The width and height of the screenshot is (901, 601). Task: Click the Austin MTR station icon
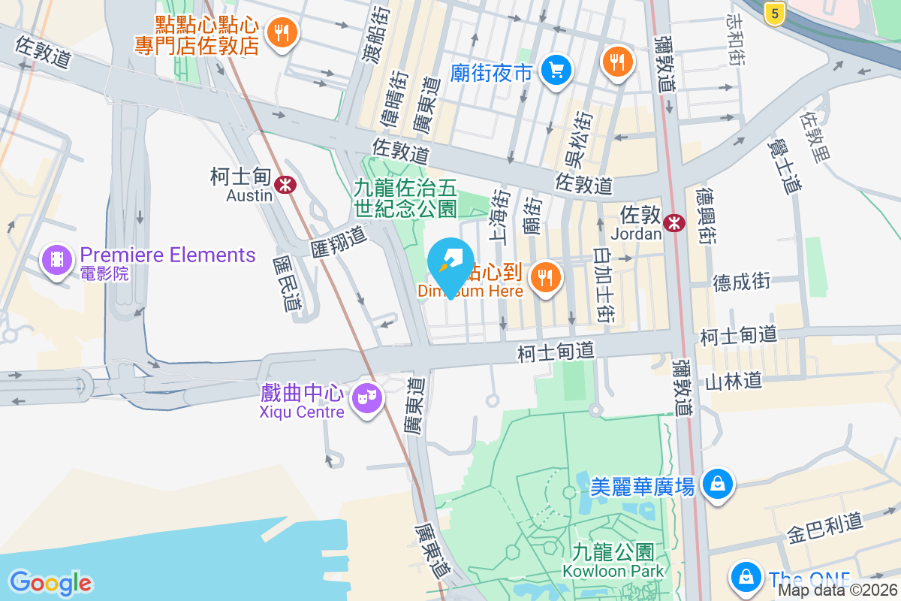coord(285,184)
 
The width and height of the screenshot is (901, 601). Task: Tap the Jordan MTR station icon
coord(673,221)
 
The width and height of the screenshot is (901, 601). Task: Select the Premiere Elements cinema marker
coord(57,260)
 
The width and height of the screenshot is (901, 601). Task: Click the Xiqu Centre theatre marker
coord(366,396)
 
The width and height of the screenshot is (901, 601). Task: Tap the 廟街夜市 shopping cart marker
coord(556,71)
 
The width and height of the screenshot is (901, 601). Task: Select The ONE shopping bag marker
coord(746,578)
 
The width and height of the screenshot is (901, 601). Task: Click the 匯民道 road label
coord(286,282)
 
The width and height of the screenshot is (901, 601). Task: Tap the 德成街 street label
coord(741,282)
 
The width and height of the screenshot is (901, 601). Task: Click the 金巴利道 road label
coord(824,528)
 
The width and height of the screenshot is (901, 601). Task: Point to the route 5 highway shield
coord(775,12)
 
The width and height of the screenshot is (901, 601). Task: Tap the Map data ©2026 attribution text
coord(838,590)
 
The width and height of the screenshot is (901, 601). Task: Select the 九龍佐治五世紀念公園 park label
coord(405,197)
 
